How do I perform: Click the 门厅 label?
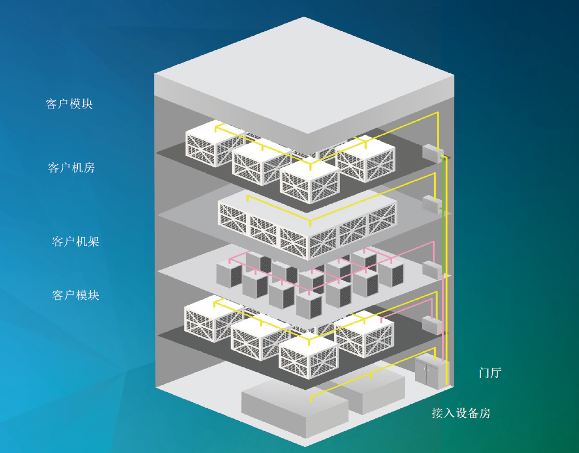(489, 372)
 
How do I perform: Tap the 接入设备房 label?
(461, 413)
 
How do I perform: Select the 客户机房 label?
(71, 167)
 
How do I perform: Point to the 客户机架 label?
(76, 242)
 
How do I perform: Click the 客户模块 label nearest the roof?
(69, 104)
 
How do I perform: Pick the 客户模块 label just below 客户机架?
(76, 295)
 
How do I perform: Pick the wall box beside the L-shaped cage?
(432, 204)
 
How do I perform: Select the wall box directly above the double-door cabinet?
(432, 325)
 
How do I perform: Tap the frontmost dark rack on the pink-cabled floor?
(309, 305)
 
